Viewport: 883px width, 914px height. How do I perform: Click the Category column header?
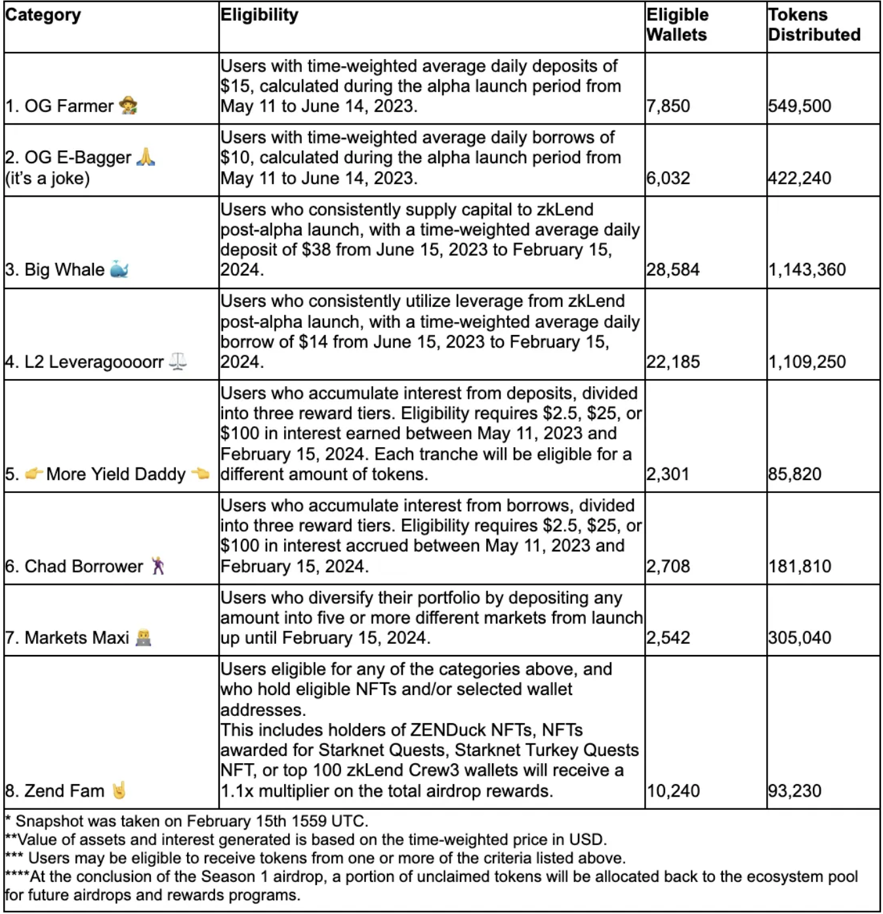pyautogui.click(x=43, y=15)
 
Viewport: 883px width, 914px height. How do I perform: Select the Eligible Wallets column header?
pyautogui.click(x=677, y=25)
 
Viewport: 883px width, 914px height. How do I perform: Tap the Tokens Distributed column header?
pyautogui.click(x=814, y=25)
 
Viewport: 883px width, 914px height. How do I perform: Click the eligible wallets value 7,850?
pyautogui.click(x=668, y=106)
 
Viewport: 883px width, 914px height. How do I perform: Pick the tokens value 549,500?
pyautogui.click(x=800, y=106)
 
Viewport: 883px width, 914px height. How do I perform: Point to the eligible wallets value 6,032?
pyautogui.click(x=668, y=178)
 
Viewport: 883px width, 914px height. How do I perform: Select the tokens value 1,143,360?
pyautogui.click(x=807, y=270)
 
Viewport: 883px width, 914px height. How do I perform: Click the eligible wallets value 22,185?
pyautogui.click(x=673, y=362)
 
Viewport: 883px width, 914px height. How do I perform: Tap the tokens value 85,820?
pyautogui.click(x=795, y=474)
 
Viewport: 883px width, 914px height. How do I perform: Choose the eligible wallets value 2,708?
pyautogui.click(x=668, y=566)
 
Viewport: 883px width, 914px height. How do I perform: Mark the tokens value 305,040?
pyautogui.click(x=800, y=638)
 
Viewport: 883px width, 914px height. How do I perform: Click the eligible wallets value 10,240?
pyautogui.click(x=673, y=791)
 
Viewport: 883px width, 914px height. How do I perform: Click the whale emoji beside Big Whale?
pyautogui.click(x=119, y=269)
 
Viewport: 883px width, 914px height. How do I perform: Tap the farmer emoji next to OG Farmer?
pyautogui.click(x=129, y=106)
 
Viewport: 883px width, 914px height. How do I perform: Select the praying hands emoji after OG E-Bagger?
pyautogui.click(x=146, y=157)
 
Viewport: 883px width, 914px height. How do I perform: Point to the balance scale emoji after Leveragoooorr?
pyautogui.click(x=178, y=361)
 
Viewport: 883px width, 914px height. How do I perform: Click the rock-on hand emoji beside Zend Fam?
pyautogui.click(x=119, y=791)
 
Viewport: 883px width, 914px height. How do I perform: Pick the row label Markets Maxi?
pyautogui.click(x=77, y=638)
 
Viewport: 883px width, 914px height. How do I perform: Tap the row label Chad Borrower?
pyautogui.click(x=83, y=566)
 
